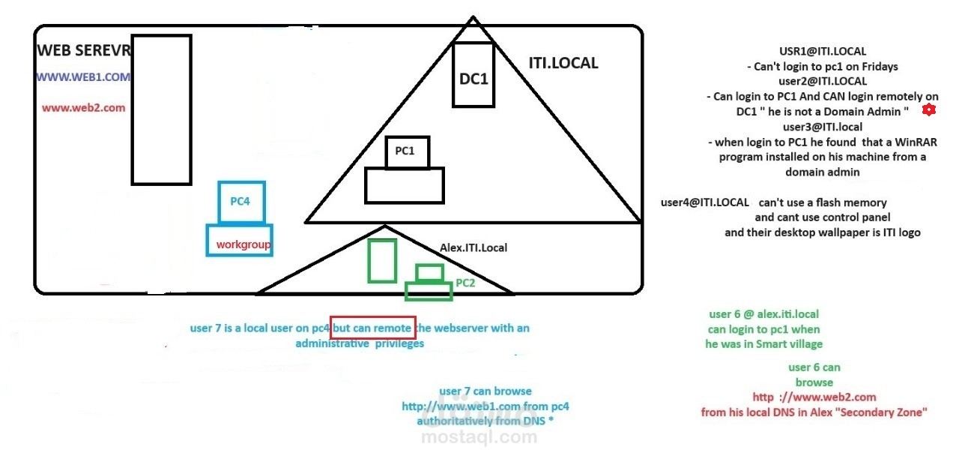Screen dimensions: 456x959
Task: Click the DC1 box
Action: coord(474,76)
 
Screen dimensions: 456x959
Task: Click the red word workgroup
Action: coord(243,244)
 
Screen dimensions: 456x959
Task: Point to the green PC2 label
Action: coord(465,283)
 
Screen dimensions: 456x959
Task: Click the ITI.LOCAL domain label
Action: coord(563,63)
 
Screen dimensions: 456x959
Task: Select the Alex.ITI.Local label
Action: coord(473,247)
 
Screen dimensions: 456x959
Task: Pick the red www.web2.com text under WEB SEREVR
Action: coord(83,108)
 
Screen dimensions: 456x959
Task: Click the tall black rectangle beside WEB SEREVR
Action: coord(161,109)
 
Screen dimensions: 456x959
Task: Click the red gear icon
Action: coord(929,110)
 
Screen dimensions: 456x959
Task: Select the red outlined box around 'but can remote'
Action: coord(372,328)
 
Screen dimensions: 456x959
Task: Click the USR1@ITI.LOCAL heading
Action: coord(823,52)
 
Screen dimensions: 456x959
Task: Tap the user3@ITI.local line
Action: coord(823,127)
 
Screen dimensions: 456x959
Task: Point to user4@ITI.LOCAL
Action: coord(704,202)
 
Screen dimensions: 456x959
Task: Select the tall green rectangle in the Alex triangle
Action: coord(382,260)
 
